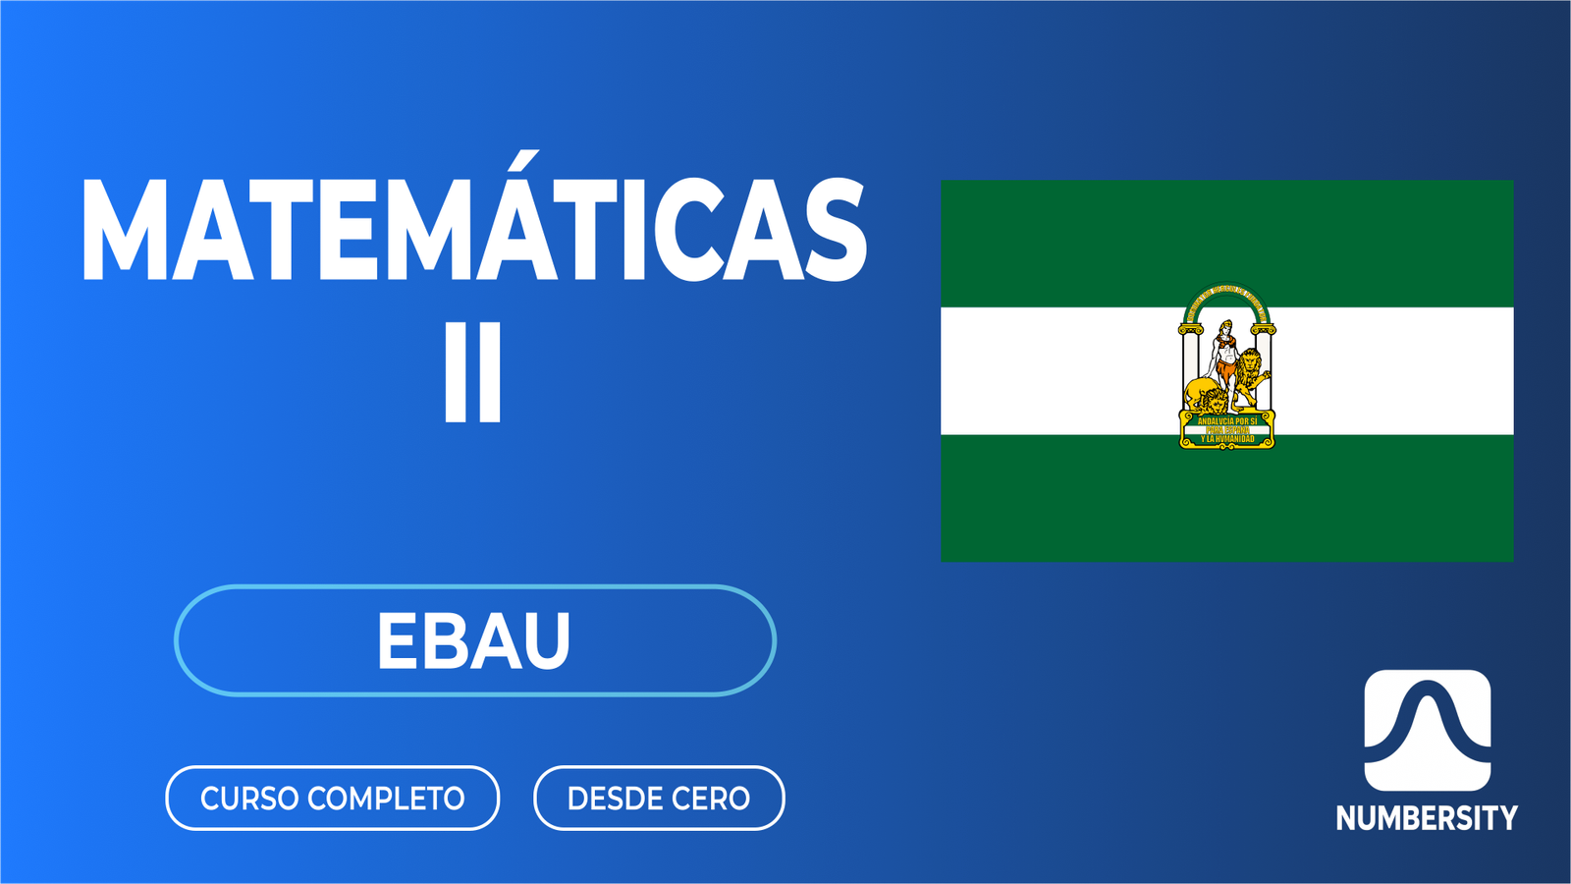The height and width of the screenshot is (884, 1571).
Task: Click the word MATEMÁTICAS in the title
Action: coord(473,231)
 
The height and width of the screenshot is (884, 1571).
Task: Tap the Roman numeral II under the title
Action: coord(473,373)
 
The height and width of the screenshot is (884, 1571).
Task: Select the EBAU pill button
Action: coord(475,640)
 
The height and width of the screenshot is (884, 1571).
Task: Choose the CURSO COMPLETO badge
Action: coord(332,798)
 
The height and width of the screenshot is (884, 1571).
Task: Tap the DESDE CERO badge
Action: coord(659,798)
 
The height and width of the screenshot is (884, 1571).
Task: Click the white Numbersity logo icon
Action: coord(1427,730)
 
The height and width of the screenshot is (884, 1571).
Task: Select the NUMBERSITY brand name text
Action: coord(1427,818)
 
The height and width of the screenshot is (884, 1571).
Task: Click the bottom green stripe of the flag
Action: coord(1226,501)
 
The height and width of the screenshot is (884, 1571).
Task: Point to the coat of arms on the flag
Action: coord(1226,368)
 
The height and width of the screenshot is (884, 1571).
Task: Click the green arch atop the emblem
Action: coord(1226,295)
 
